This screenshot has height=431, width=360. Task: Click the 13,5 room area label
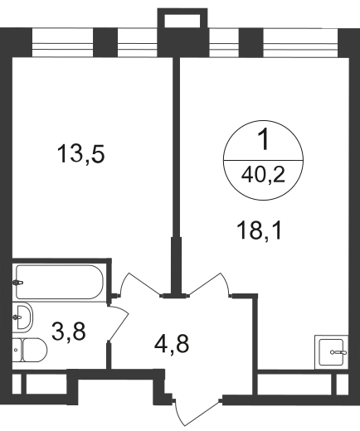[x=80, y=155]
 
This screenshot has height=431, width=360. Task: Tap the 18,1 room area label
[x=260, y=231]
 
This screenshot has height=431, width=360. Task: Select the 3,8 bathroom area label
[x=69, y=332]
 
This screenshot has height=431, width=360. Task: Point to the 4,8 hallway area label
[x=172, y=344]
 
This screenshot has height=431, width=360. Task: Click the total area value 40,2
[x=263, y=175]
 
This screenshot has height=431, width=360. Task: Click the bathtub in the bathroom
[x=60, y=282]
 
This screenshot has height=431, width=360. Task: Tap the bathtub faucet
[x=17, y=283]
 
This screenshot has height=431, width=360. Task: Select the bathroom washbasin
[x=22, y=317]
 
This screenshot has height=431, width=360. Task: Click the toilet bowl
[x=35, y=350]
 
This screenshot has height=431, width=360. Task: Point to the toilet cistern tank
[x=17, y=350]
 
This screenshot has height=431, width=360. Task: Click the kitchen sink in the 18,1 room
[x=331, y=352]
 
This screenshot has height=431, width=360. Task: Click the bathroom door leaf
[x=119, y=322]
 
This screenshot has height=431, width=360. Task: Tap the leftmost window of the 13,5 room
[x=63, y=43]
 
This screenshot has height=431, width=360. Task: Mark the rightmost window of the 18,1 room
[x=300, y=43]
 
